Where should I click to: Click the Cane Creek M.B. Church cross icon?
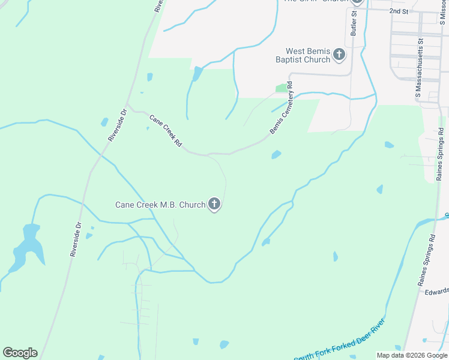pyautogui.click(x=214, y=205)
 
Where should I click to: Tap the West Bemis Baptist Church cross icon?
pyautogui.click(x=339, y=55)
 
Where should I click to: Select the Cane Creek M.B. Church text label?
pyautogui.click(x=160, y=205)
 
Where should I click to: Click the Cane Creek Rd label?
pyautogui.click(x=166, y=131)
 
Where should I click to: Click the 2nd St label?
pyautogui.click(x=398, y=11)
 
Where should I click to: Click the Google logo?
pyautogui.click(x=20, y=353)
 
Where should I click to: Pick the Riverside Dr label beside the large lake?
pyautogui.click(x=75, y=240)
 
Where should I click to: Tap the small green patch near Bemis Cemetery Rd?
pyautogui.click(x=281, y=88)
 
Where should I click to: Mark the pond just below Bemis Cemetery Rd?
pyautogui.click(x=276, y=155)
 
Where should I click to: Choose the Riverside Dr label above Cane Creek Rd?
pyautogui.click(x=116, y=125)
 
